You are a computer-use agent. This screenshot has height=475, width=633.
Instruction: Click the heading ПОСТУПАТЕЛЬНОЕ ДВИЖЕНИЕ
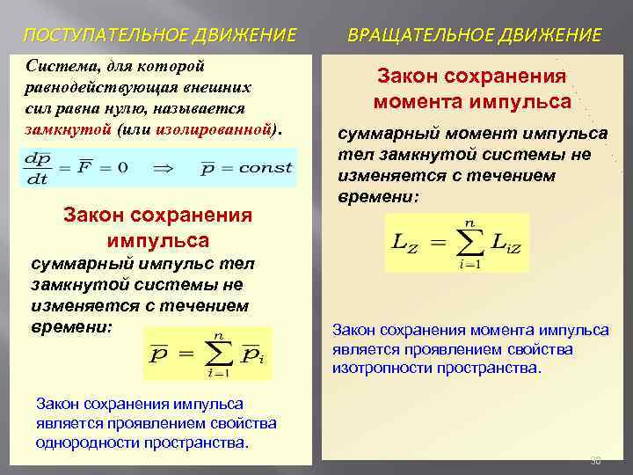pyautogui.click(x=159, y=36)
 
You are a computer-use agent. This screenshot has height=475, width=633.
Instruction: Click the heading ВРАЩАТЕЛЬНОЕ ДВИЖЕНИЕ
pyautogui.click(x=475, y=36)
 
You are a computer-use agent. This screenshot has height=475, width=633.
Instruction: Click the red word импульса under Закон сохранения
pyautogui.click(x=158, y=240)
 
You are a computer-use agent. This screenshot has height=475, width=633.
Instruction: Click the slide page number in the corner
pyautogui.click(x=595, y=460)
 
